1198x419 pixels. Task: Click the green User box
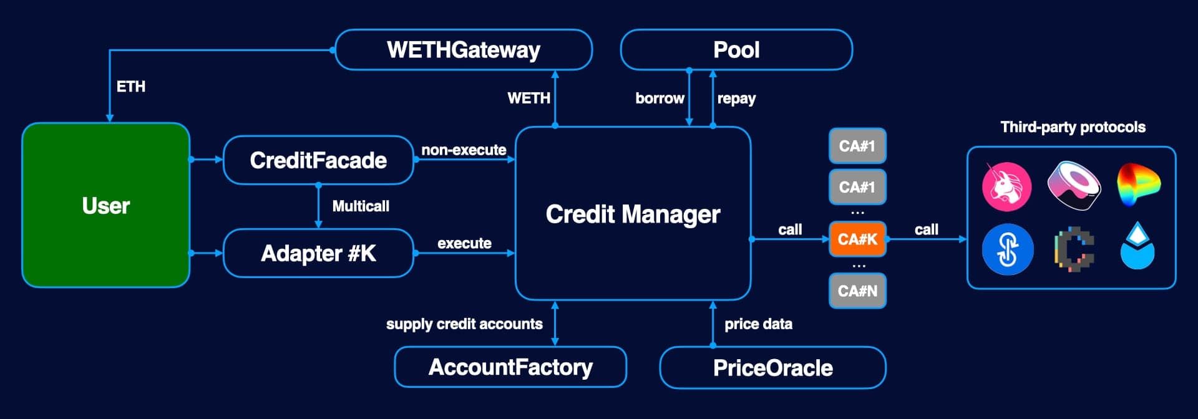(x=105, y=205)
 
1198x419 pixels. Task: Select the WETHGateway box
(x=463, y=50)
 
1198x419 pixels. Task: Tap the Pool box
(x=736, y=50)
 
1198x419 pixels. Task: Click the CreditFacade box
(x=318, y=160)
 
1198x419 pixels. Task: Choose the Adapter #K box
(x=318, y=253)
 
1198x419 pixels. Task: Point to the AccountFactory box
(x=510, y=367)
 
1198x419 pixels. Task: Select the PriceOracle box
(x=772, y=368)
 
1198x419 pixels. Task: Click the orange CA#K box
(x=857, y=239)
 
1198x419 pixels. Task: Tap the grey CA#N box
(x=857, y=291)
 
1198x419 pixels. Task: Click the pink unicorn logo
(x=1006, y=186)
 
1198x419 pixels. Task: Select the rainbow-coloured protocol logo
(x=1138, y=185)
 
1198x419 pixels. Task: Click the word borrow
(x=660, y=99)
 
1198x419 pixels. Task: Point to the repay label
(x=736, y=99)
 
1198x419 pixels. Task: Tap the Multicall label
(x=361, y=206)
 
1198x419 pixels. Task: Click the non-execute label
(x=464, y=150)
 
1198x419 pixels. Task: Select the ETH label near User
(x=131, y=87)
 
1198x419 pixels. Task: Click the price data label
(x=758, y=324)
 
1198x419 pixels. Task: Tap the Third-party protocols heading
(x=1073, y=127)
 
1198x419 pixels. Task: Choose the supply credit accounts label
(x=464, y=324)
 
